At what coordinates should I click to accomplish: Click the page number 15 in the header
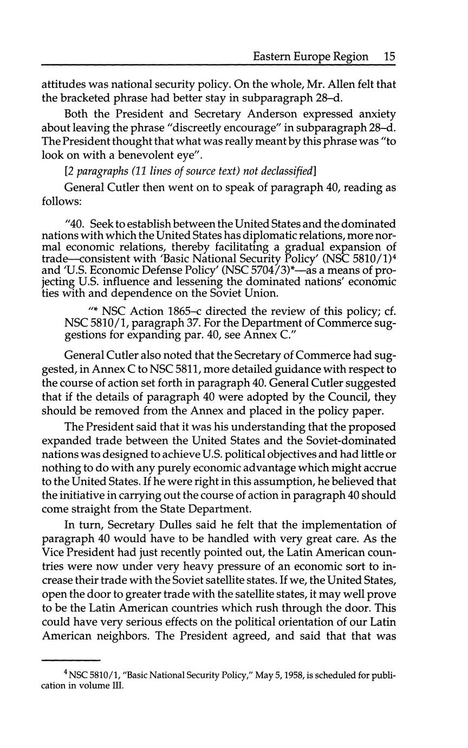point(389,56)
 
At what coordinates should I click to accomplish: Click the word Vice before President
point(53,553)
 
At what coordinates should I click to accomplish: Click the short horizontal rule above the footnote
point(71,660)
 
